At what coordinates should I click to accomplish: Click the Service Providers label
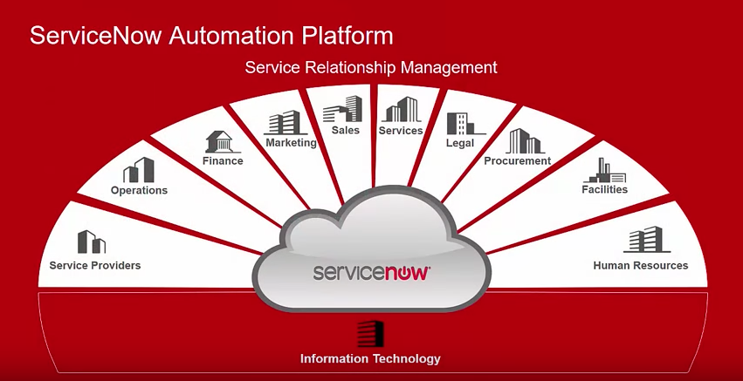pos(95,266)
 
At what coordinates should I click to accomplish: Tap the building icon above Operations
pos(139,170)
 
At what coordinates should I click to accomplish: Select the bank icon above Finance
pos(220,141)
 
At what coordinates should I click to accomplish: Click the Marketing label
pos(291,142)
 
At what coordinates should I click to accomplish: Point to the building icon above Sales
pos(342,109)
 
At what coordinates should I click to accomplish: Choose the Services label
pos(401,131)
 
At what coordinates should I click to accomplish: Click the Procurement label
pos(518,161)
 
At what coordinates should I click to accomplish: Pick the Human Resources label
pos(641,266)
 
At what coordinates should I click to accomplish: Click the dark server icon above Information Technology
pos(370,334)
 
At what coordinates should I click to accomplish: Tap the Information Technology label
pos(370,358)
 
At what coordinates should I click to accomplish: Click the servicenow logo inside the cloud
pos(372,273)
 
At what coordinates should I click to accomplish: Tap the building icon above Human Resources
pos(647,240)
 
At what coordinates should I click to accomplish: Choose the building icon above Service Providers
pos(92,242)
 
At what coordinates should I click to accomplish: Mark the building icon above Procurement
pos(525,141)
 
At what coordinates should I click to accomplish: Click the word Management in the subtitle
pos(449,68)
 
